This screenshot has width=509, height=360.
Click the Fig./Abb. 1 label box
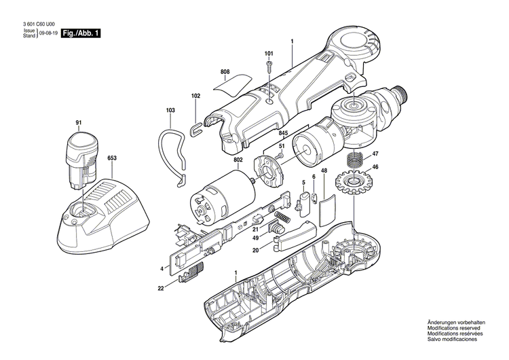pyautogui.click(x=81, y=33)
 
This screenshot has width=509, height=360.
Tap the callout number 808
pyautogui.click(x=225, y=71)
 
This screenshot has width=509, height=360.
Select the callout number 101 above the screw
pyautogui.click(x=269, y=53)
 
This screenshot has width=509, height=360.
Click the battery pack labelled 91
pyautogui.click(x=79, y=161)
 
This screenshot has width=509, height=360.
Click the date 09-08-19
pyautogui.click(x=48, y=33)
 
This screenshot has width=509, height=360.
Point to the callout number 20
pyautogui.click(x=255, y=250)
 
